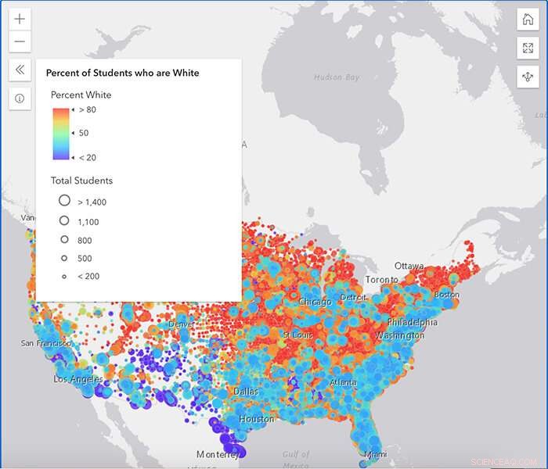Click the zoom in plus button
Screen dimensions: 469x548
point(20,20)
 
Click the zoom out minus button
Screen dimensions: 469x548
point(20,42)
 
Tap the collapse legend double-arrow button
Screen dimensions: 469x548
point(20,70)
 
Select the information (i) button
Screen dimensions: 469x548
point(20,98)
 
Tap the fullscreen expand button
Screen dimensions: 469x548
point(527,48)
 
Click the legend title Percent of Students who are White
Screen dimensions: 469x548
point(122,73)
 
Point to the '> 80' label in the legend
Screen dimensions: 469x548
point(87,110)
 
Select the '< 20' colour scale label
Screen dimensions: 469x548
point(87,157)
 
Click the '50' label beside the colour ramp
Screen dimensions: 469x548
point(84,133)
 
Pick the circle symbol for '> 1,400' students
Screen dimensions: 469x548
point(65,201)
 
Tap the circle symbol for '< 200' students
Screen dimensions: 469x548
point(65,276)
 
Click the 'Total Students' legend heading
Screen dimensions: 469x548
point(81,181)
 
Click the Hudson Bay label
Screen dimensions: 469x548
point(337,77)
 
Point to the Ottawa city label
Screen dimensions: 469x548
point(409,266)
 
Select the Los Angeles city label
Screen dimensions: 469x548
point(78,379)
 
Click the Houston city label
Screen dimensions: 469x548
point(257,419)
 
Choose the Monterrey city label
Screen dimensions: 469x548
point(218,454)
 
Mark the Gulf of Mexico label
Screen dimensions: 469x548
point(296,458)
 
